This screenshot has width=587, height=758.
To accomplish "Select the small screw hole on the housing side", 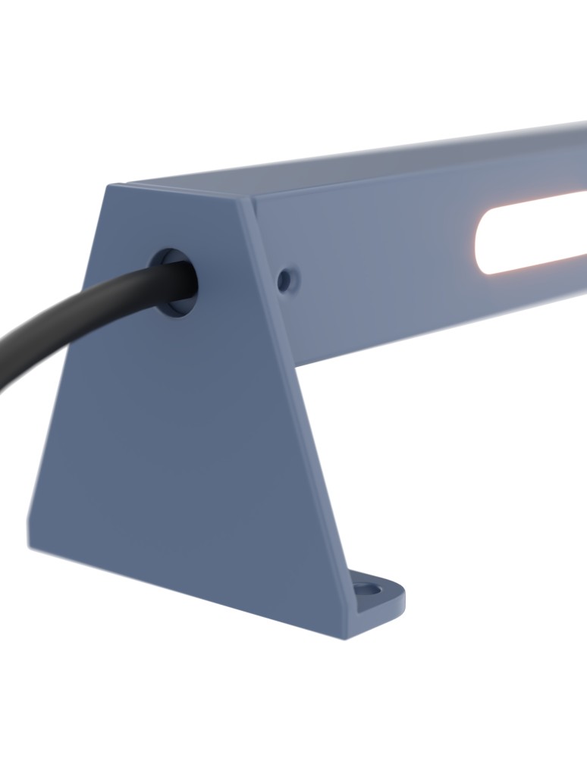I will pyautogui.click(x=285, y=280).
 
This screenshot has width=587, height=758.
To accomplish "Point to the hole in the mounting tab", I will pyautogui.click(x=368, y=588).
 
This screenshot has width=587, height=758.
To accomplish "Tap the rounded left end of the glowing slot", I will pyautogui.click(x=482, y=243).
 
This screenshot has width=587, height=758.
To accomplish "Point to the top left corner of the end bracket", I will pyautogui.click(x=111, y=186).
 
